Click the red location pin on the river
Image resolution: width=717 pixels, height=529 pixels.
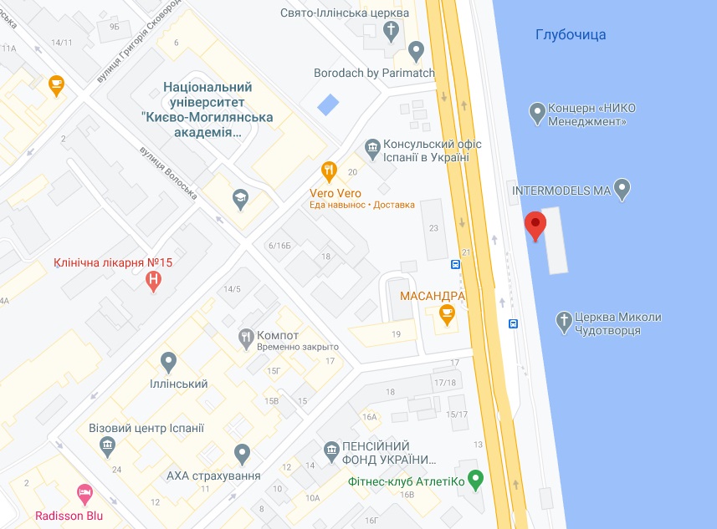[535, 225]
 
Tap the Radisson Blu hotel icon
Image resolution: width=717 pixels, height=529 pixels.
[84, 493]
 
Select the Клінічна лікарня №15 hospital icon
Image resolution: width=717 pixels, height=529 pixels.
[153, 282]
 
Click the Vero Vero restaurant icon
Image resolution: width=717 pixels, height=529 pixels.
[330, 171]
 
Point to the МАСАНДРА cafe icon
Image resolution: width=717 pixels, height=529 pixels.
[447, 315]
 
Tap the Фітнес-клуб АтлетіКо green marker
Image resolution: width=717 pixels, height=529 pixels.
[476, 480]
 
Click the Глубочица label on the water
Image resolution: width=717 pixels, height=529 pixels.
[570, 35]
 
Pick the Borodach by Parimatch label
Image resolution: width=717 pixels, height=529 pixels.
[374, 74]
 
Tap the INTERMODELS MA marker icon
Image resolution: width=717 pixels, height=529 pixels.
[622, 190]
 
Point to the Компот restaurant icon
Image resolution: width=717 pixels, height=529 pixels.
[246, 338]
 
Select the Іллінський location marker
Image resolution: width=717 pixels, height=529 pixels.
[168, 363]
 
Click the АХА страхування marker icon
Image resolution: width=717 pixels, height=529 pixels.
[243, 455]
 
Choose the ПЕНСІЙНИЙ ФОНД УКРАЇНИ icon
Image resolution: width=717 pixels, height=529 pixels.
[330, 451]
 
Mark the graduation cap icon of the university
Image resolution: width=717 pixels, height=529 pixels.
[241, 197]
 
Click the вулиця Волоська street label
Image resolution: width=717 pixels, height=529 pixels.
[167, 173]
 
